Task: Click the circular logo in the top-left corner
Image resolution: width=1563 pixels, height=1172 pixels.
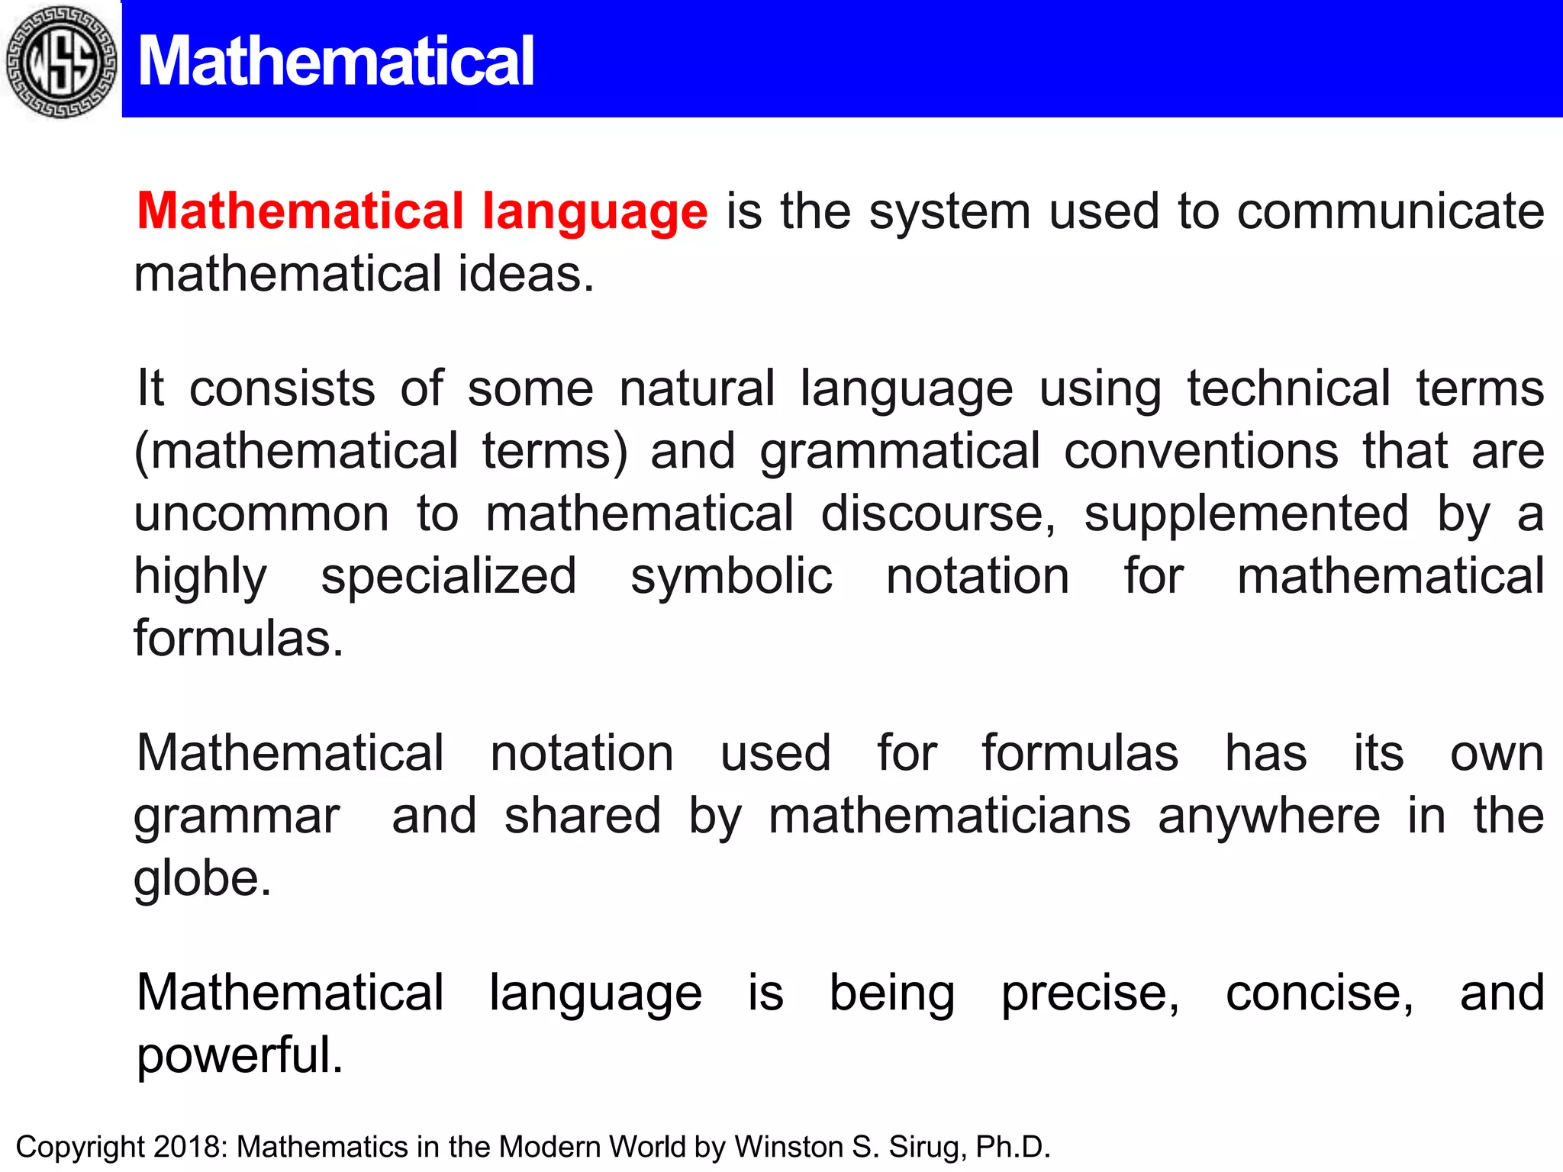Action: (x=61, y=61)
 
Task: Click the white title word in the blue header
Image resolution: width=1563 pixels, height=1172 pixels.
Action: (x=336, y=61)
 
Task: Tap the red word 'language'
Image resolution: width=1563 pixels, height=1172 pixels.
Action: (x=595, y=212)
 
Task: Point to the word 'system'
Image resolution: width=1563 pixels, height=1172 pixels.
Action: (x=950, y=212)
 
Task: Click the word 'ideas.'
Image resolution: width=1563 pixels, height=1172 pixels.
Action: (x=526, y=274)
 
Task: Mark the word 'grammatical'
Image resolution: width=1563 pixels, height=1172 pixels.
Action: (x=900, y=452)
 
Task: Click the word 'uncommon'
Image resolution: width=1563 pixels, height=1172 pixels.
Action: (x=262, y=514)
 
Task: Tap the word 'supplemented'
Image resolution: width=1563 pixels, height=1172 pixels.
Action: (x=1246, y=515)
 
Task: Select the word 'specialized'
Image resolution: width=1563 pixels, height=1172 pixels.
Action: (x=449, y=577)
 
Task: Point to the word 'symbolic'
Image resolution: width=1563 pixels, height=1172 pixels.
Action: (x=731, y=577)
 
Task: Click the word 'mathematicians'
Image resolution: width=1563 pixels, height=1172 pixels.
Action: (x=949, y=816)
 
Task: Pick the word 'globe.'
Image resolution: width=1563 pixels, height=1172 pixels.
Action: (x=202, y=879)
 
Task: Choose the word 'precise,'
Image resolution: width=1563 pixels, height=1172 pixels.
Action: (x=1091, y=994)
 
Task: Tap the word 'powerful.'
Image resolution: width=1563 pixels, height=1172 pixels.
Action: (x=240, y=1057)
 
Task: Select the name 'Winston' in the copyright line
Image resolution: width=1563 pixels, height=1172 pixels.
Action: (x=788, y=1147)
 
